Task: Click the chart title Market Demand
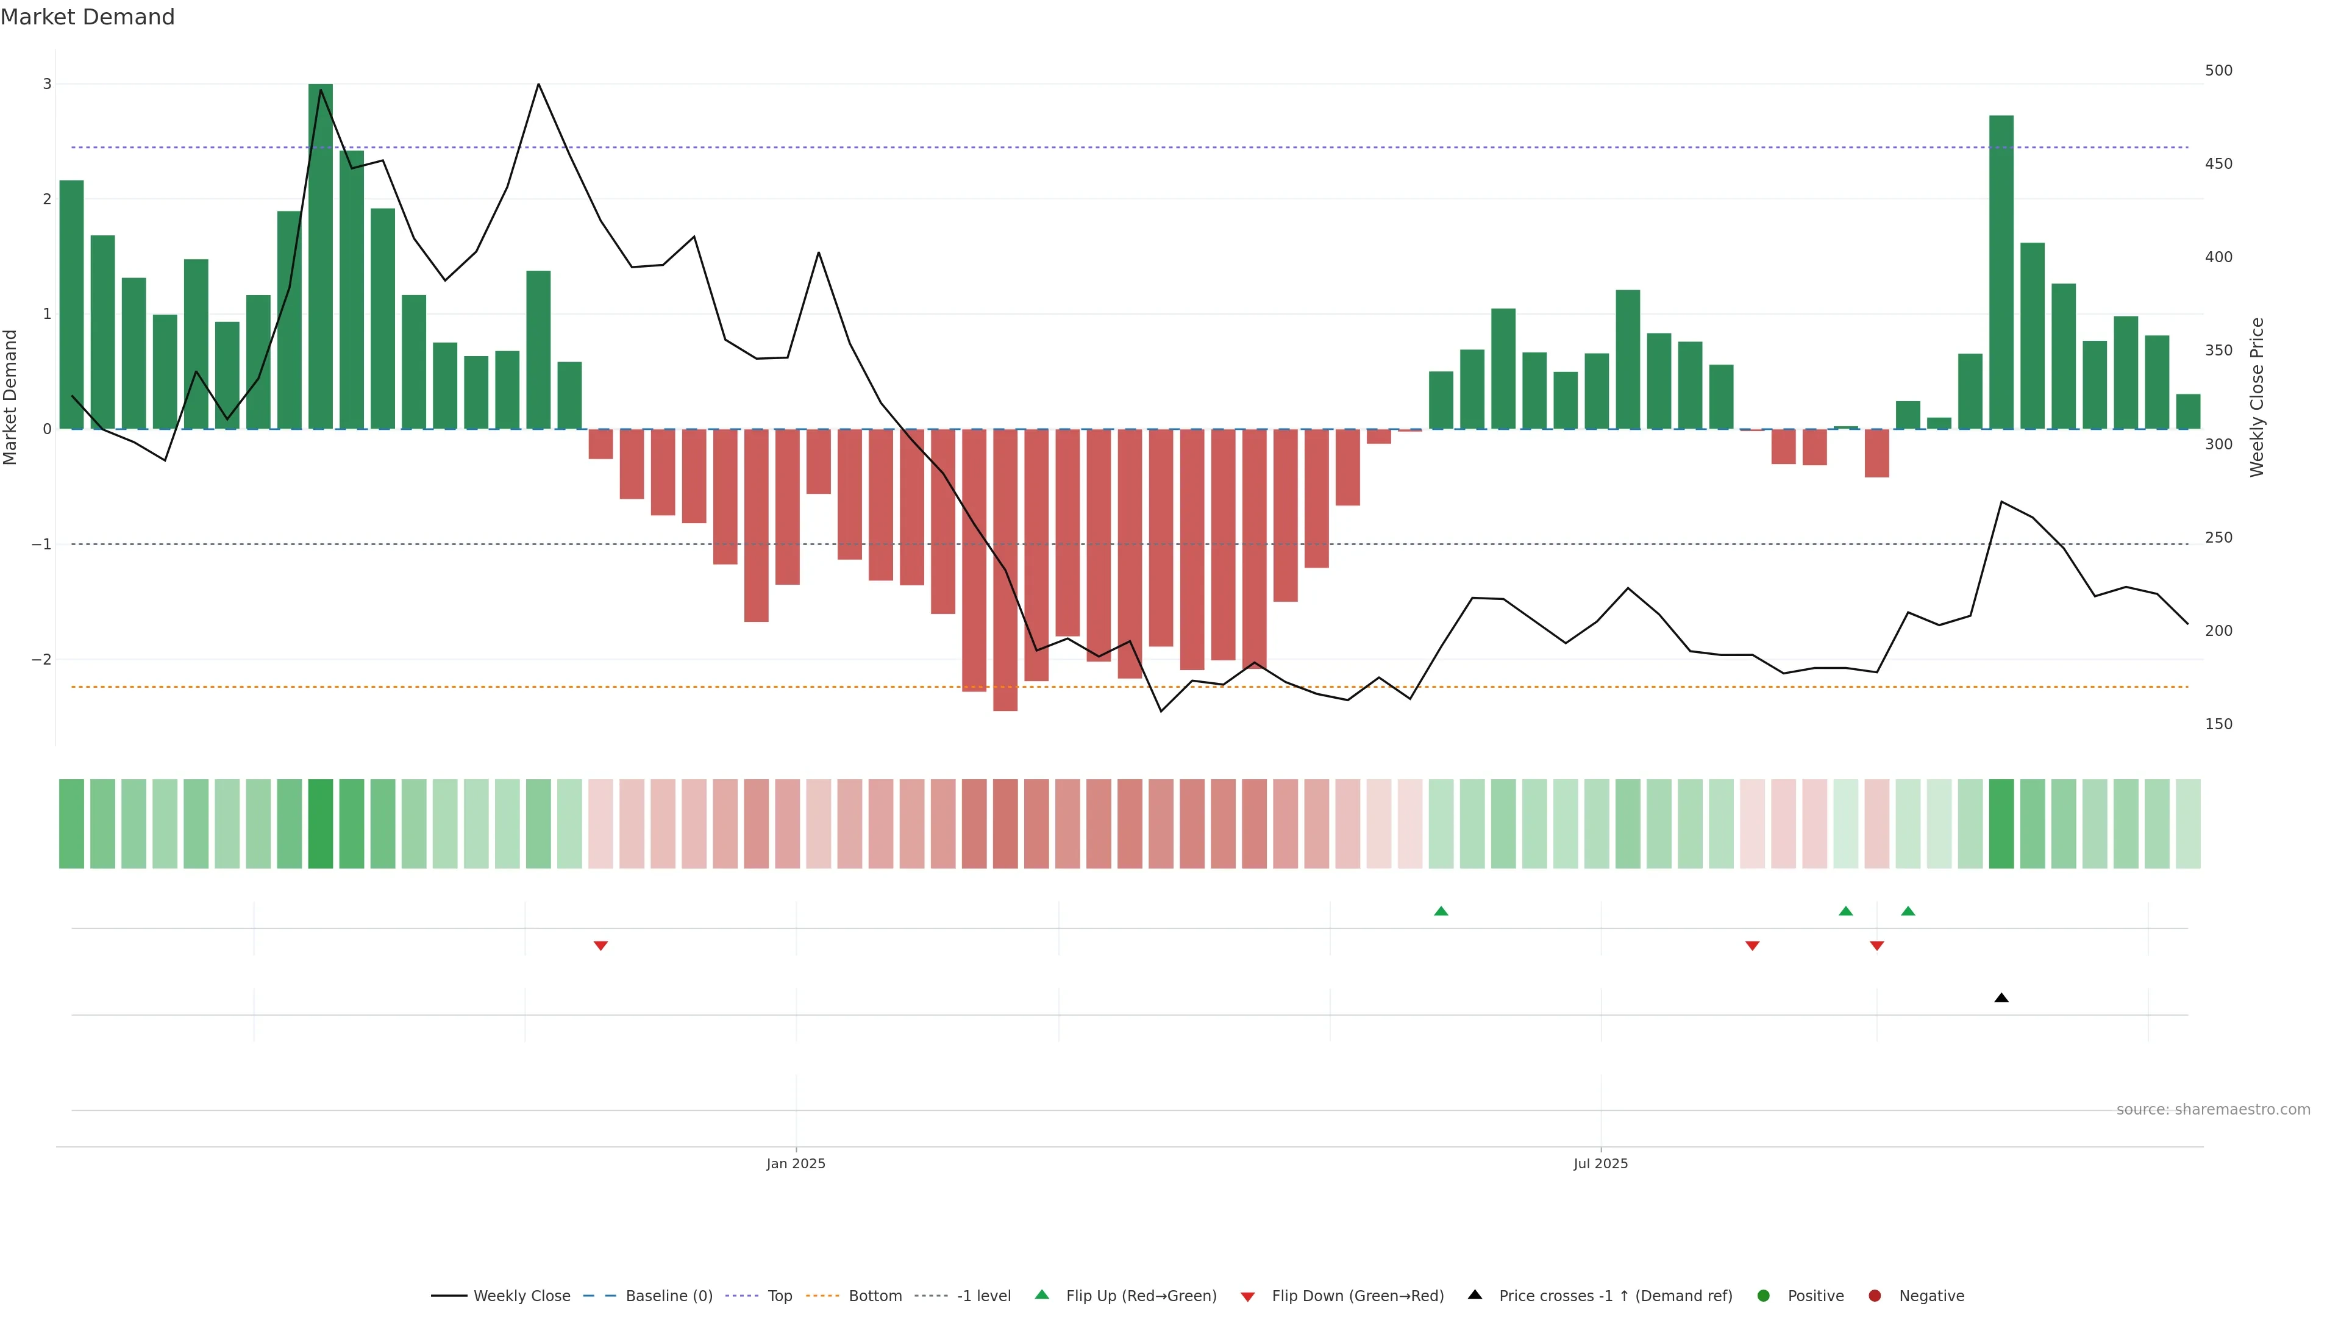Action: pos(87,17)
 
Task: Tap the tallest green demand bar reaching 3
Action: pos(320,254)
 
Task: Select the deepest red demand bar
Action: pos(1005,569)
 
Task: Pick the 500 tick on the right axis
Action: pos(2218,71)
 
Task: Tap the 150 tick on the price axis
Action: pos(2218,724)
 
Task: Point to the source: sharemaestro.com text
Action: pos(2213,1110)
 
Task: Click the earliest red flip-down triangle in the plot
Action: pos(600,946)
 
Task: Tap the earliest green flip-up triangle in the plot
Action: pos(1441,911)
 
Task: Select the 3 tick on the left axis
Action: pos(48,84)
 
